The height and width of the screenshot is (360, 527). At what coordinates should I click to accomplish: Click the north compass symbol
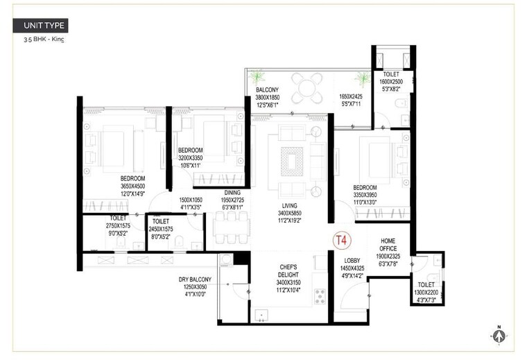pyautogui.click(x=498, y=335)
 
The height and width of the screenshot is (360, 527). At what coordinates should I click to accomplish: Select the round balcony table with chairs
pyautogui.click(x=306, y=87)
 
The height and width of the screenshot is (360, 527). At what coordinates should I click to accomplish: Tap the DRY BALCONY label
pyautogui.click(x=195, y=280)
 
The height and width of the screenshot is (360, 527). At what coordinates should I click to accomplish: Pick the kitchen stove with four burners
pyautogui.click(x=320, y=296)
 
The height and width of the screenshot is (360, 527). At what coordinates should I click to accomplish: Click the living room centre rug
pyautogui.click(x=291, y=161)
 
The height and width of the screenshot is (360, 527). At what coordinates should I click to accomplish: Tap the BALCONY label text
pyautogui.click(x=267, y=90)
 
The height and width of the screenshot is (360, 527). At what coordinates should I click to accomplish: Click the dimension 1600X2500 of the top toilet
pyautogui.click(x=391, y=82)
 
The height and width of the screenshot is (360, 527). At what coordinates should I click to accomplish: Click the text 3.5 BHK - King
pyautogui.click(x=43, y=40)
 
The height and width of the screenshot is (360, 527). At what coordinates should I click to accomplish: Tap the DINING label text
pyautogui.click(x=232, y=194)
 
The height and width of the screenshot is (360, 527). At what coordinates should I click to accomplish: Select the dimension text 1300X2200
pyautogui.click(x=427, y=292)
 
